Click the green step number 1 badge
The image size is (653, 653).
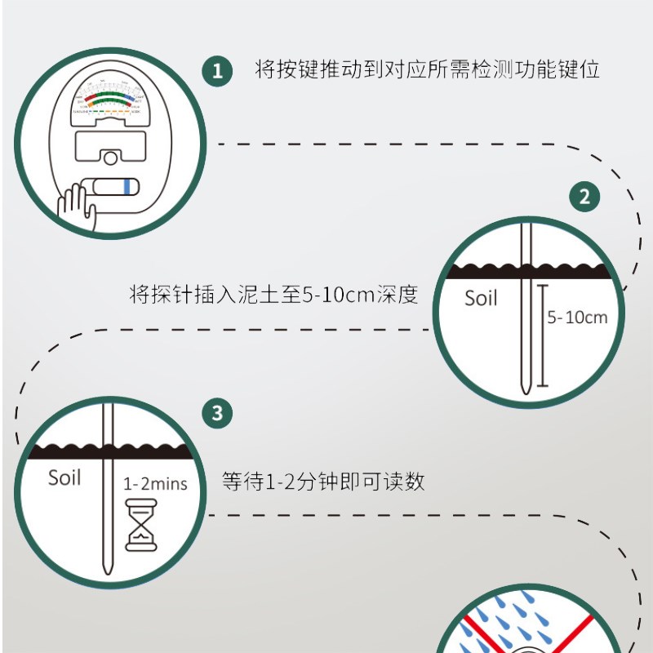pos(217,70)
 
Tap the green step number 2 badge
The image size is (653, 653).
pos(584,197)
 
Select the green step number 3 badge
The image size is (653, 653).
pos(217,413)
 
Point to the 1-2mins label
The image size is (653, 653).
pos(155,483)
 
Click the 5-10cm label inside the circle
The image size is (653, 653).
pos(578,318)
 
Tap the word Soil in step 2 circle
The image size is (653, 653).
pos(481,298)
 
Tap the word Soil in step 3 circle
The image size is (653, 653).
pos(64,478)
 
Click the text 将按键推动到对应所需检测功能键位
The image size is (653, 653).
pos(428,69)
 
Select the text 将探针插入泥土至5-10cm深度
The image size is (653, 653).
pos(273,294)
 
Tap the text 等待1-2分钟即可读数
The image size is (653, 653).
pos(323,482)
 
